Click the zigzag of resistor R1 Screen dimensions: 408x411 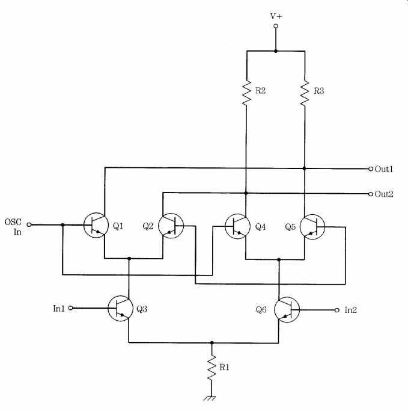point(212,368)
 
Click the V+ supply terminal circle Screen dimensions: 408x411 point(276,26)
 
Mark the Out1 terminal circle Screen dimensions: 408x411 point(371,169)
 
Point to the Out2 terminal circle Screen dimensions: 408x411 point(371,194)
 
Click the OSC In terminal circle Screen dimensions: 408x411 point(29,224)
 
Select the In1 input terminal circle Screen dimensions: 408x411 point(71,308)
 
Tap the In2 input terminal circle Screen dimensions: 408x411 point(337,310)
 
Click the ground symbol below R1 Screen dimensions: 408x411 point(210,398)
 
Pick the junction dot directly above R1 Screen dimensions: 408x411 point(212,342)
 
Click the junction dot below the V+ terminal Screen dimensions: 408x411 point(276,51)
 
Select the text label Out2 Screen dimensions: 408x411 point(384,194)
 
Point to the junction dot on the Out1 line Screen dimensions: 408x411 point(304,168)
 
